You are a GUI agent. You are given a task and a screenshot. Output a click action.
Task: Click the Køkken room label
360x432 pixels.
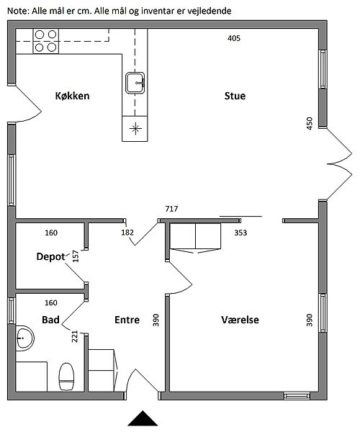pyautogui.click(x=72, y=96)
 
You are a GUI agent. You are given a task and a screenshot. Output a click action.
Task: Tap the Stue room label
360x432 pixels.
pyautogui.click(x=235, y=96)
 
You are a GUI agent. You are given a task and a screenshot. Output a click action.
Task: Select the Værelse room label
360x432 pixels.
pyautogui.click(x=240, y=320)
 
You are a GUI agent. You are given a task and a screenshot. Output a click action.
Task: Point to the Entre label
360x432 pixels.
pyautogui.click(x=127, y=320)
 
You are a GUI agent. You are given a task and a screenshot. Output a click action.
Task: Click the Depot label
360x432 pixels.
pyautogui.click(x=50, y=257)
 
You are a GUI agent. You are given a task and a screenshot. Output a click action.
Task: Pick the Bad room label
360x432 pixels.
pyautogui.click(x=50, y=320)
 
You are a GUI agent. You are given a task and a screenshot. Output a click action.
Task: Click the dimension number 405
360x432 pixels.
pyautogui.click(x=234, y=38)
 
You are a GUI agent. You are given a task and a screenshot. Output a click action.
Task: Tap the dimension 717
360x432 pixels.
pyautogui.click(x=171, y=209)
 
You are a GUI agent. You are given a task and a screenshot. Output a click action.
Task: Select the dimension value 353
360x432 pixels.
pyautogui.click(x=240, y=233)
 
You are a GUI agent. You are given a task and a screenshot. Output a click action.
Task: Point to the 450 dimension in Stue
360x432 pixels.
pyautogui.click(x=310, y=123)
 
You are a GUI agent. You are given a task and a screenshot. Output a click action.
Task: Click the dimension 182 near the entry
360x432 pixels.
pyautogui.click(x=127, y=233)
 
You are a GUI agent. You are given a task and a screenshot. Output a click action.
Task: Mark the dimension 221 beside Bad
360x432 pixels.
pyautogui.click(x=75, y=336)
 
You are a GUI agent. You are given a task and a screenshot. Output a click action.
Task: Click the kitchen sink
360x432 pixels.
pyautogui.click(x=135, y=83)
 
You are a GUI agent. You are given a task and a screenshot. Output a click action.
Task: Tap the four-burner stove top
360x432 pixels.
pyautogui.click(x=46, y=41)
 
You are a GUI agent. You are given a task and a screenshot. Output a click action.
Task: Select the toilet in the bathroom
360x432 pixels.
pyautogui.click(x=67, y=377)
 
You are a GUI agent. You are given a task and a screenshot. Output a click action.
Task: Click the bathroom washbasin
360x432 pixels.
pyautogui.click(x=24, y=338)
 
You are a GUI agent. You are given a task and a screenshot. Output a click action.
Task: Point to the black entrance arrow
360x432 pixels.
pyautogui.click(x=143, y=418)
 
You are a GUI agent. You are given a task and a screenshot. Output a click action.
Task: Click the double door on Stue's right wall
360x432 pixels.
pyautogui.click(x=339, y=164)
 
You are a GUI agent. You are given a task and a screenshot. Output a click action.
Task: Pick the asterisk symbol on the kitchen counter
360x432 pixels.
pyautogui.click(x=135, y=128)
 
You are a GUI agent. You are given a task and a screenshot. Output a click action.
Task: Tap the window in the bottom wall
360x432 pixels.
pyautogui.click(x=297, y=396)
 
